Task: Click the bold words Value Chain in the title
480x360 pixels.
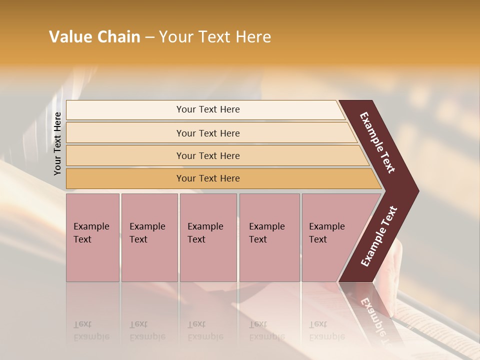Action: (x=94, y=37)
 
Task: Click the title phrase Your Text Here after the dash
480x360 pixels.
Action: (x=215, y=37)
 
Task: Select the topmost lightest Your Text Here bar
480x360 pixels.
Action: (x=207, y=109)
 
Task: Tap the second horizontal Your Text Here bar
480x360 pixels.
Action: (x=207, y=133)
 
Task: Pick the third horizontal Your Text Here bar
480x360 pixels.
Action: (x=207, y=155)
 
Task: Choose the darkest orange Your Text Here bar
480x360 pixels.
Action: (x=207, y=178)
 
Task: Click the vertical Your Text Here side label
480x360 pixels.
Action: (x=57, y=143)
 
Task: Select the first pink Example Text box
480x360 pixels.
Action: (x=92, y=237)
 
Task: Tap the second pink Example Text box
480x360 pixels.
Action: (x=149, y=237)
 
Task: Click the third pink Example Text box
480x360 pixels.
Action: (x=207, y=237)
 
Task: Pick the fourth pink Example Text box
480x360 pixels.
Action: (x=269, y=237)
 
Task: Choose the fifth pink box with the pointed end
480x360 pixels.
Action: (x=330, y=237)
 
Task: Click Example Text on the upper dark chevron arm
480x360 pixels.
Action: (x=377, y=142)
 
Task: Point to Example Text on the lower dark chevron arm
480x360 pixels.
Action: (x=378, y=236)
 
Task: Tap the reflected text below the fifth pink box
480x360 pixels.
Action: (x=326, y=330)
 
